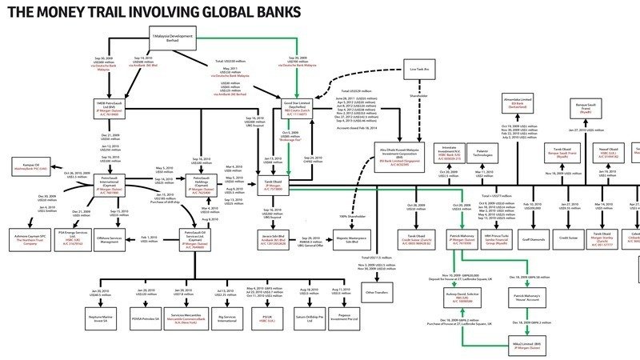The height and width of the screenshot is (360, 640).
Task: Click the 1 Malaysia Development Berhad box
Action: pos(173,38)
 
